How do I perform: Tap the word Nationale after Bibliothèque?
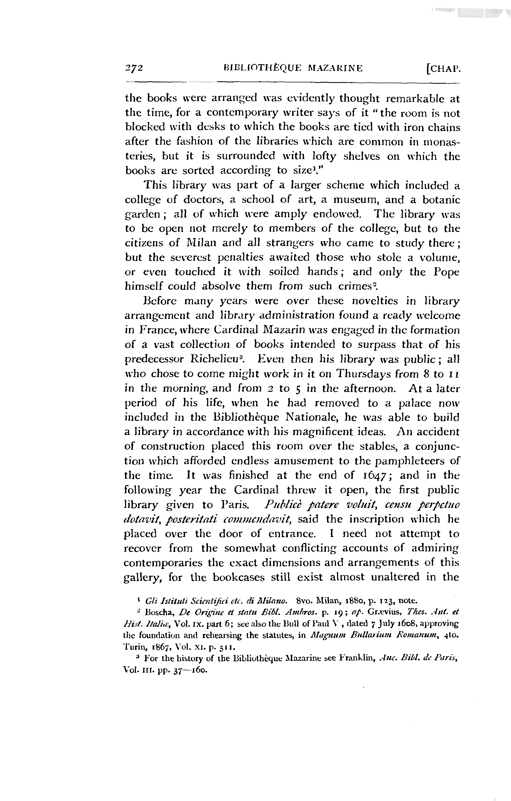[317, 417]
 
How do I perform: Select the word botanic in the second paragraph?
[441, 200]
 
